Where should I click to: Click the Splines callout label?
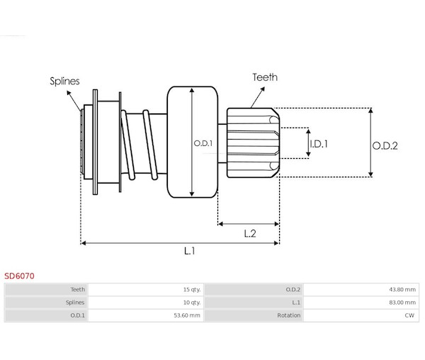(65, 81)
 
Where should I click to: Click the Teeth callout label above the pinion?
(265, 78)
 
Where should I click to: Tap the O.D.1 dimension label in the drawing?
(203, 144)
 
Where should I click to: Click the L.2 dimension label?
(250, 232)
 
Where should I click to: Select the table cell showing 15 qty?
(191, 289)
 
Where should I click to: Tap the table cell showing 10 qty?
(191, 302)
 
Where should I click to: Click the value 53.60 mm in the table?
(187, 315)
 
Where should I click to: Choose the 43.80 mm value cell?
(401, 289)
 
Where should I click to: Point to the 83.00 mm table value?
(401, 302)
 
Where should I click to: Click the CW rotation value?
(409, 315)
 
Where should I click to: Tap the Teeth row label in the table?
(78, 289)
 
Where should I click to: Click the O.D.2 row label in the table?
(293, 289)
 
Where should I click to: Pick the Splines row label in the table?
(76, 302)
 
